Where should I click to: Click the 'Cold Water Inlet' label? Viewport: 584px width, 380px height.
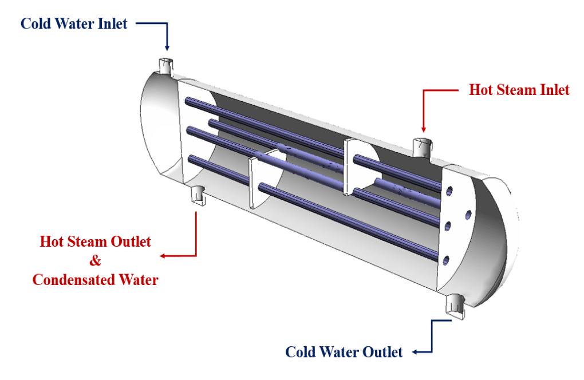coord(74,23)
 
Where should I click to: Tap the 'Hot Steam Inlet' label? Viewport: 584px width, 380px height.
coord(519,90)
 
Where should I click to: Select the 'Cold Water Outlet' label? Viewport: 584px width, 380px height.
coord(344,351)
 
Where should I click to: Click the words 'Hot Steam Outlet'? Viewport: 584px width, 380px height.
coord(96,242)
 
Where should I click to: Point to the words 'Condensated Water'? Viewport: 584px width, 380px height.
coord(96,280)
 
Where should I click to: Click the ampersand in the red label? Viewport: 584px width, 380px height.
coord(95,260)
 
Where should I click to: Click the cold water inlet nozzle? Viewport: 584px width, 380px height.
coord(165,65)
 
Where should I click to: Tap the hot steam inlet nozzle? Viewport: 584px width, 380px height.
coord(423,147)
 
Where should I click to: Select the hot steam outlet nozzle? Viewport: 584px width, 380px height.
coord(198,194)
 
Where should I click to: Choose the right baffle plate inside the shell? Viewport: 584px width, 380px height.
coord(355,166)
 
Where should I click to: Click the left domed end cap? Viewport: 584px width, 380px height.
coord(157,129)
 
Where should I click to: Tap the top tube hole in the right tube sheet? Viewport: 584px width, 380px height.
coord(450,189)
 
